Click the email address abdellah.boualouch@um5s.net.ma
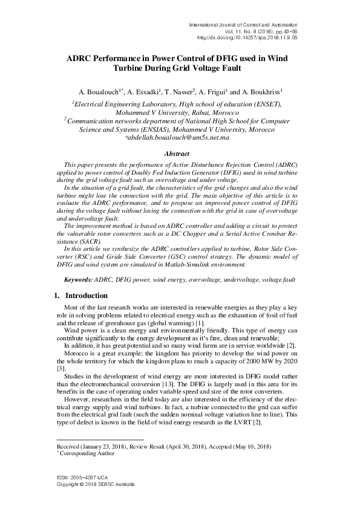pyautogui.click(x=177, y=138)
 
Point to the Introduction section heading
pyautogui.click(x=86, y=296)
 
